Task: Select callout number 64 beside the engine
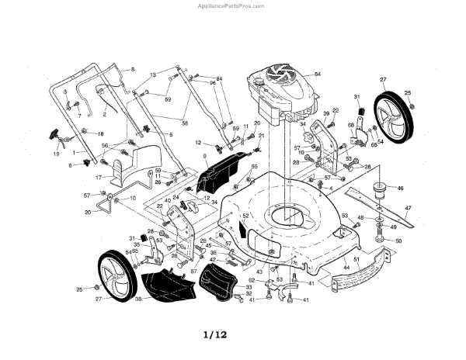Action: point(317,74)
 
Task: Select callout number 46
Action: point(401,188)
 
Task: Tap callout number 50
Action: point(398,241)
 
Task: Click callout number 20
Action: point(88,212)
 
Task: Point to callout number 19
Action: point(57,154)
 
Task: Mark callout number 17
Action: point(99,177)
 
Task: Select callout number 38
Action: point(137,299)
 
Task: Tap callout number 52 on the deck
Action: point(245,216)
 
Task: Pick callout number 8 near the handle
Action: point(133,70)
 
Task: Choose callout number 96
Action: point(211,82)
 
